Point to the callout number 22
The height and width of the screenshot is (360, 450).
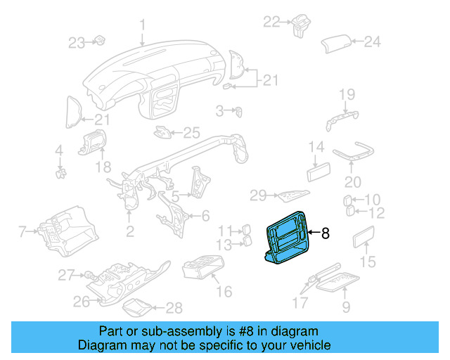tap(271, 22)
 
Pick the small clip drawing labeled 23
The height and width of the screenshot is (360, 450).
tap(100, 42)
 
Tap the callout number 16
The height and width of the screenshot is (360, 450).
tap(224, 291)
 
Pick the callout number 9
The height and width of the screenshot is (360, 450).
tap(345, 307)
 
